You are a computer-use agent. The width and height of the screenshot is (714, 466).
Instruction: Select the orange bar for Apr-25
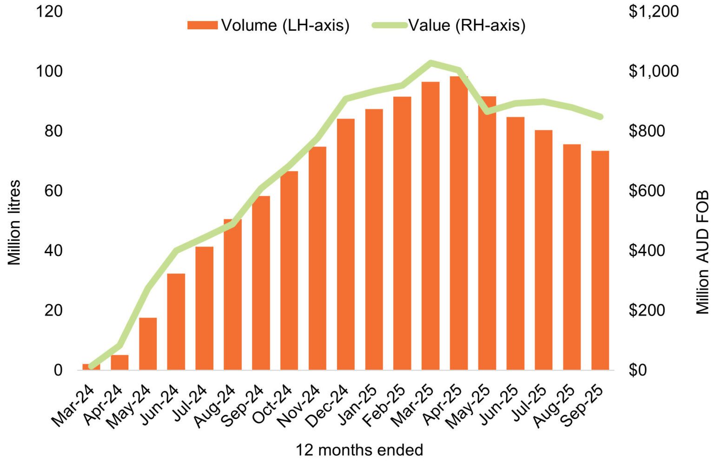(458, 223)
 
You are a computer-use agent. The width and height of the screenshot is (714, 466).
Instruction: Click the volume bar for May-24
(148, 344)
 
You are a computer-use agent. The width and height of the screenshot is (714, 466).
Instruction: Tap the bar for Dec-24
(345, 244)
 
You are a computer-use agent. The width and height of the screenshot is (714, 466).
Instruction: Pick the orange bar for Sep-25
(600, 260)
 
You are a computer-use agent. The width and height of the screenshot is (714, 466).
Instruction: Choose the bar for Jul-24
(204, 308)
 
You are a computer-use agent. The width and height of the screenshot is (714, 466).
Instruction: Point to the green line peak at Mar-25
(430, 62)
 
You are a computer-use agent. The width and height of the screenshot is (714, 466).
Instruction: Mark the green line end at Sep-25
(600, 117)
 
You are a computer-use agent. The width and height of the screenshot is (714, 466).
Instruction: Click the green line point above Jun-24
(176, 250)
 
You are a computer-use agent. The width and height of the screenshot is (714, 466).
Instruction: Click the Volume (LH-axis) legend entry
(268, 25)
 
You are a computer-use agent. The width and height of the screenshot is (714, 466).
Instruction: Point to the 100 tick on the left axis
(49, 71)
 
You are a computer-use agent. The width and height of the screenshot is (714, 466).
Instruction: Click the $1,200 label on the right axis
(653, 11)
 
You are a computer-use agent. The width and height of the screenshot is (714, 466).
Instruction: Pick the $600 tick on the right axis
(647, 190)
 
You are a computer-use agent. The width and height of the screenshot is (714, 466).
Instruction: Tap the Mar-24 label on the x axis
(73, 405)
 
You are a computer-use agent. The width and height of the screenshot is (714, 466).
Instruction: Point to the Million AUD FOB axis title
(702, 252)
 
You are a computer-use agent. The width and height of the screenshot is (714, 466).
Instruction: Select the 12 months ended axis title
(359, 450)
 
